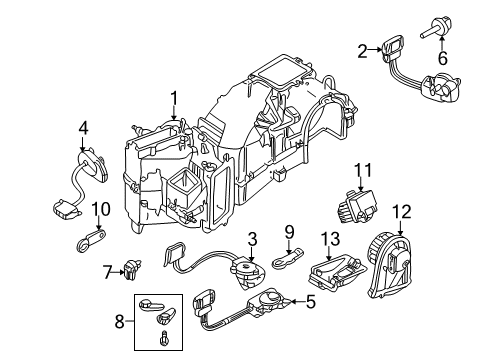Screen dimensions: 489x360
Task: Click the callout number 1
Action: tap(174, 99)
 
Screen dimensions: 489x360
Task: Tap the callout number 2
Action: tap(362, 51)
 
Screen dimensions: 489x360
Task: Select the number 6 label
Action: tap(443, 58)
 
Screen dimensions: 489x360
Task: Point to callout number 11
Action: tap(362, 170)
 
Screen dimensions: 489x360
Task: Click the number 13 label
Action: tap(330, 239)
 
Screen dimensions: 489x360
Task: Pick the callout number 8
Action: tap(120, 322)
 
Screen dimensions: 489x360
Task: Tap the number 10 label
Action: tap(101, 209)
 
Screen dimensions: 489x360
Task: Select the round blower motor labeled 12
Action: tap(391, 266)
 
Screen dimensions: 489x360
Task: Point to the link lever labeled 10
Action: tap(90, 240)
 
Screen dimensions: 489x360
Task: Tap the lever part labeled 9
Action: tap(289, 258)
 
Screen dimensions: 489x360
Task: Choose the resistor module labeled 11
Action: tap(358, 207)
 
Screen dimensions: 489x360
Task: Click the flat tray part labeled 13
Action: tap(336, 271)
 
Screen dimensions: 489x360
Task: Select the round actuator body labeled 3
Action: tap(248, 272)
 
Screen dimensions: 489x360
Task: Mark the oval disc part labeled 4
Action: tap(93, 165)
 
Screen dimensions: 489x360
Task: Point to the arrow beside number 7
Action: tap(117, 272)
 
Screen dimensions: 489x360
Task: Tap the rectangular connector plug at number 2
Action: tap(392, 47)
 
